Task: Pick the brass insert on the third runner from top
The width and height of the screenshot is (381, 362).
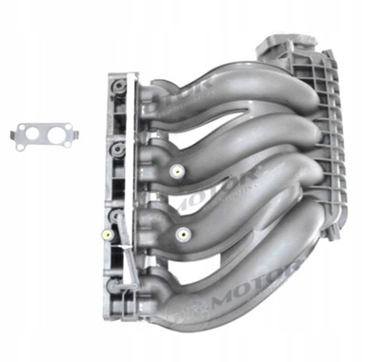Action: coord(184,234)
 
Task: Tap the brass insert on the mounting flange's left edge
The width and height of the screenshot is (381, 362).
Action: coord(110,231)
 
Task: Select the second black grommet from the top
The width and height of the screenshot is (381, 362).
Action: coord(115,150)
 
